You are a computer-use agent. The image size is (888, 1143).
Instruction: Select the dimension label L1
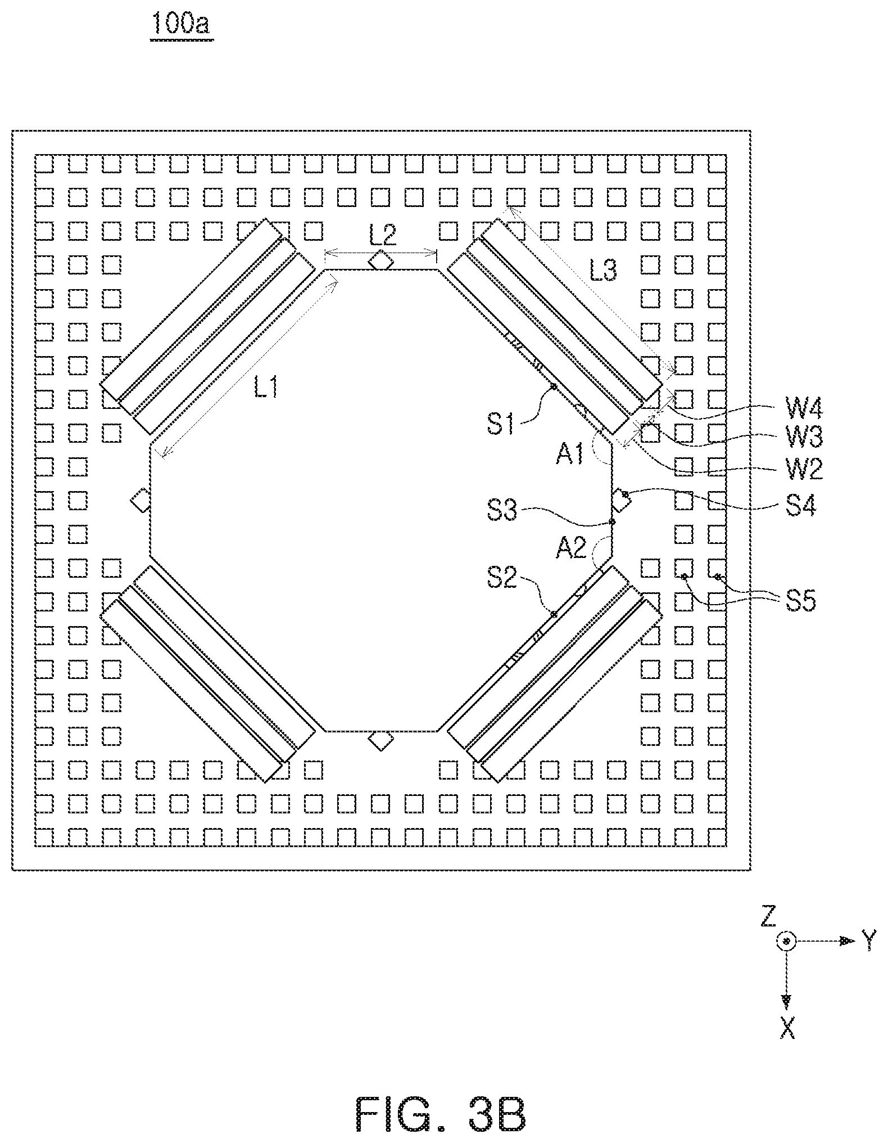pyautogui.click(x=266, y=388)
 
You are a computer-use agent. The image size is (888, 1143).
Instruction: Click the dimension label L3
pyautogui.click(x=603, y=271)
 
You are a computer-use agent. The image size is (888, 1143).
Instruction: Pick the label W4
pyautogui.click(x=804, y=409)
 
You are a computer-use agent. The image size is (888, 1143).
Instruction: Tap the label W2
pyautogui.click(x=804, y=469)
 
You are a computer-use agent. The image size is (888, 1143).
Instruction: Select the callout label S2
pyautogui.click(x=502, y=579)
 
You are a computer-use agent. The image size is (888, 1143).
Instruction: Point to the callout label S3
pyautogui.click(x=502, y=512)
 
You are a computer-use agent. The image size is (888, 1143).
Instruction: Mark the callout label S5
pyautogui.click(x=800, y=601)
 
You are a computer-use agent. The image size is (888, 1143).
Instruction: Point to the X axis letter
pyautogui.click(x=788, y=1029)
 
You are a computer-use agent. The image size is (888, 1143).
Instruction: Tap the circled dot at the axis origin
pyautogui.click(x=787, y=941)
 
